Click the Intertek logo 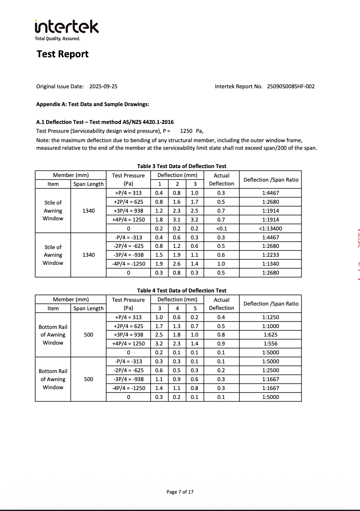[67, 27]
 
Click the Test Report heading [62, 54]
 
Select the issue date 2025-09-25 [103, 87]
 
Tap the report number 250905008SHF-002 [291, 87]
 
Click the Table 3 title [182, 166]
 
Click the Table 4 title [182, 290]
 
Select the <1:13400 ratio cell [271, 228]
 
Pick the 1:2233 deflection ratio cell [271, 255]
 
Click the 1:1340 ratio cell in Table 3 [271, 264]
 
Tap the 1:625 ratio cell [271, 335]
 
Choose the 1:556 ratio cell [271, 344]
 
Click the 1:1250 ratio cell [271, 317]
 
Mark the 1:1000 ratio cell [271, 326]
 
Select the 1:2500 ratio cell [271, 371]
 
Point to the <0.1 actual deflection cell [222, 228]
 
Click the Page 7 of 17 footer [180, 492]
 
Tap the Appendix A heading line [93, 104]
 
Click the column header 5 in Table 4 [194, 308]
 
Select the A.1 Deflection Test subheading [105, 122]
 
